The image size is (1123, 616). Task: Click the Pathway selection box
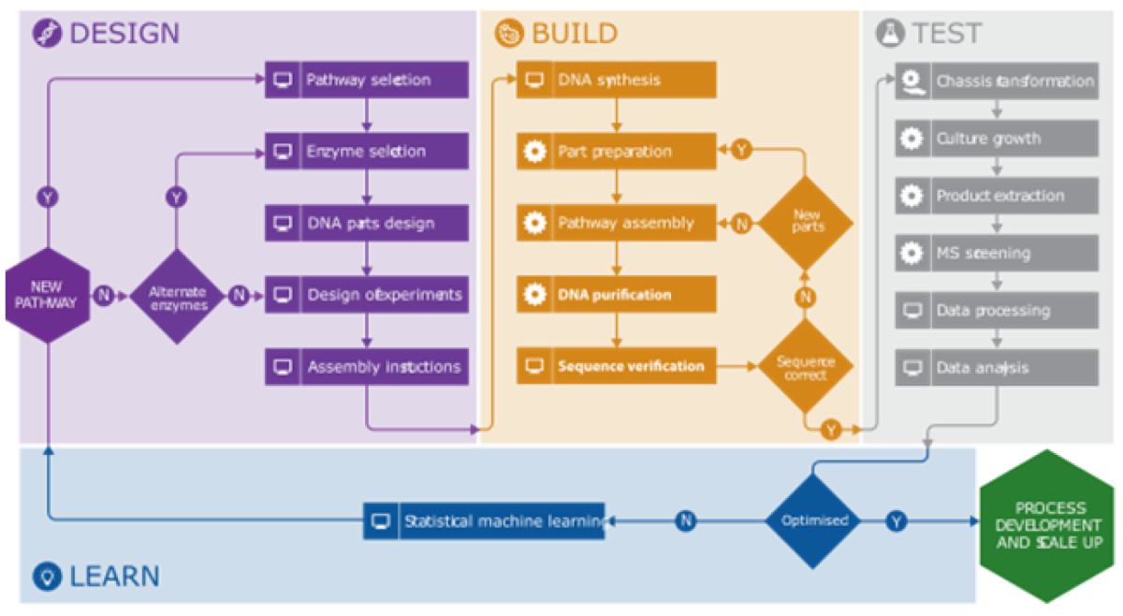click(366, 80)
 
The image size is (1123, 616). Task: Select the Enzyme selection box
click(366, 151)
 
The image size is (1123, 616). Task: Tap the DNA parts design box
click(366, 223)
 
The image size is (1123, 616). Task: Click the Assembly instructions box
click(366, 367)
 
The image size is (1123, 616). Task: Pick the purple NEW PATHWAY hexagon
click(47, 295)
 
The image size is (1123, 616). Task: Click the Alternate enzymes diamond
click(177, 296)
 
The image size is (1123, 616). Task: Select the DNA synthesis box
click(616, 80)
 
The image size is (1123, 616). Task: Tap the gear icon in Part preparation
click(534, 151)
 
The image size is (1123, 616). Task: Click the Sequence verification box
click(616, 366)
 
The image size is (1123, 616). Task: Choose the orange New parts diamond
click(806, 223)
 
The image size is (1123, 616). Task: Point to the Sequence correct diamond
click(806, 367)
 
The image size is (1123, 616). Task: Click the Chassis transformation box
click(997, 81)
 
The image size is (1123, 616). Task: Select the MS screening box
click(997, 253)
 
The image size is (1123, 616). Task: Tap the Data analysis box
click(997, 368)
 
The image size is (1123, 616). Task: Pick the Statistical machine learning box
click(484, 521)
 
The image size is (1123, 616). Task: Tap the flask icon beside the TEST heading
click(888, 34)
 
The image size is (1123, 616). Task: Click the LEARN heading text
click(113, 576)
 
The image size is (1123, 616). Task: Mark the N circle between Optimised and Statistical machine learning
click(686, 521)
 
